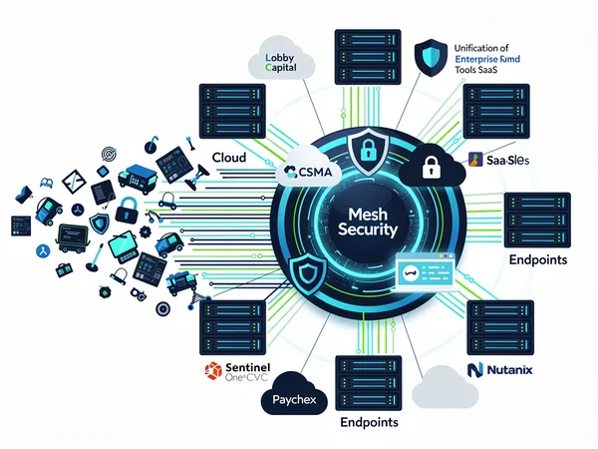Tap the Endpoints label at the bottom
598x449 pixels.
368,422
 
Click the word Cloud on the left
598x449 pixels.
230,157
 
